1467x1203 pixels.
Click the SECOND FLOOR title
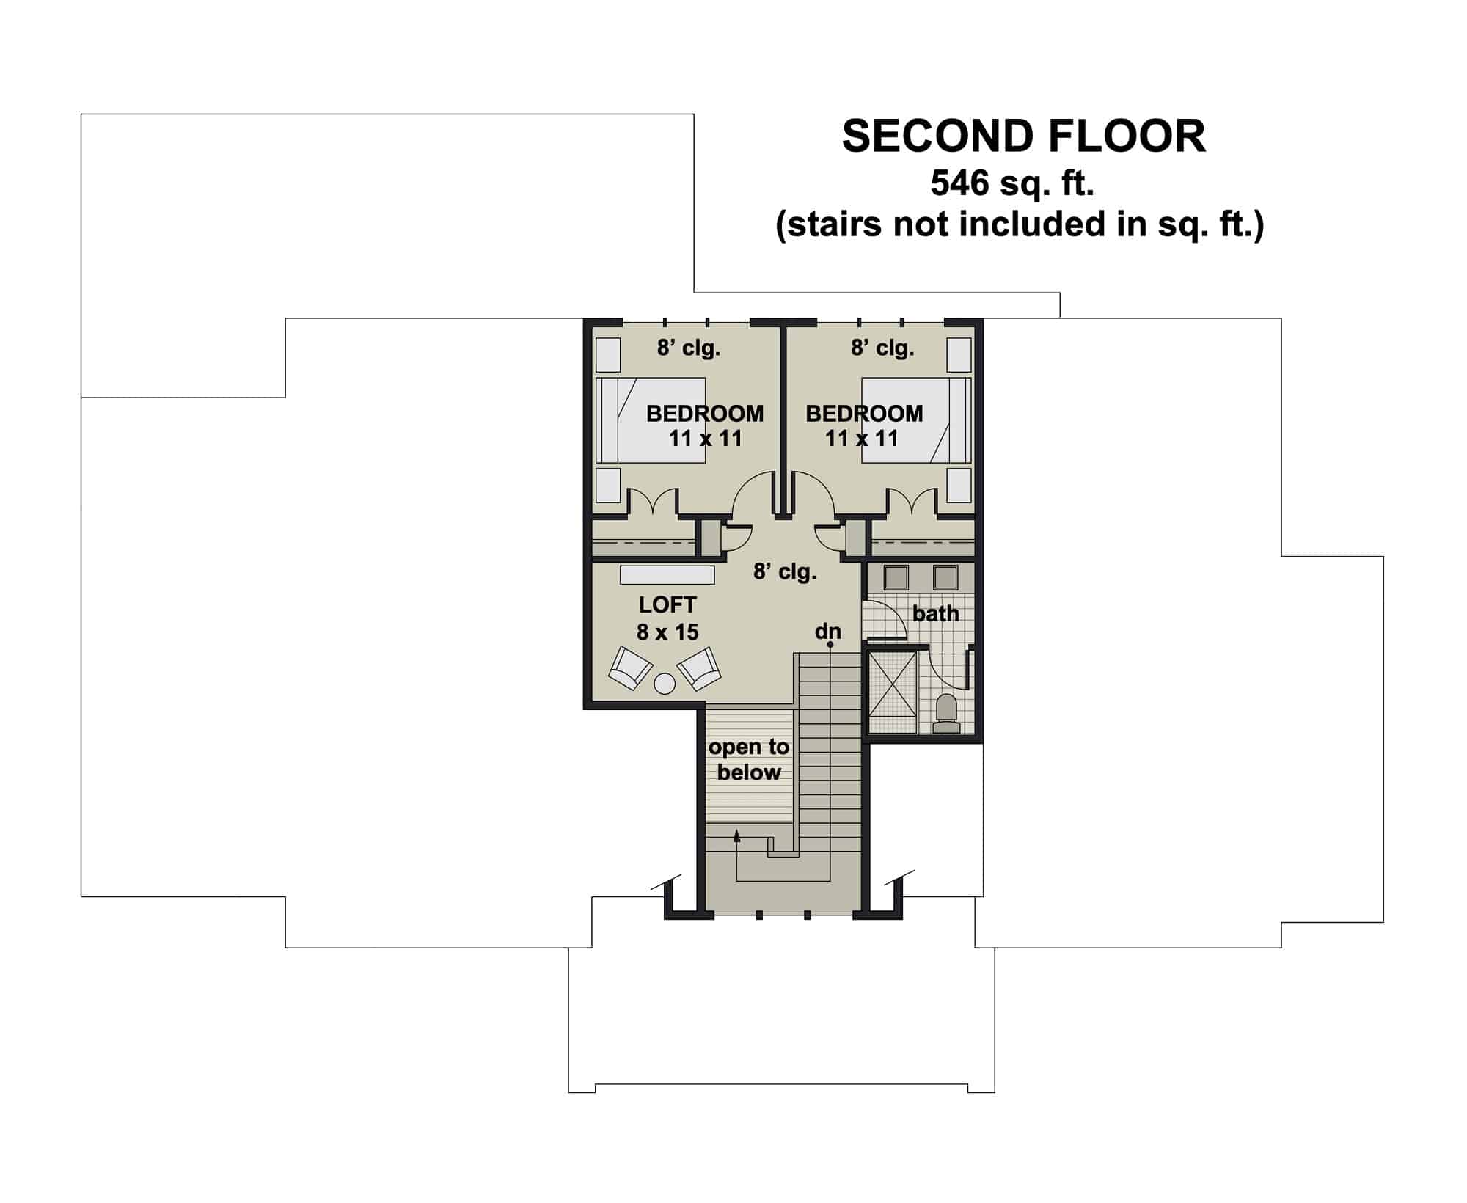pos(1023,136)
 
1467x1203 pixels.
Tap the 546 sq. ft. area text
pos(1012,183)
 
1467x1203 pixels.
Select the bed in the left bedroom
pos(651,420)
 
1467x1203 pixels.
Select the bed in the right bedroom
pos(916,420)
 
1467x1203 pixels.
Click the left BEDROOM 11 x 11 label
pos(705,426)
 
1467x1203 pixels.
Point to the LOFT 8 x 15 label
pos(667,618)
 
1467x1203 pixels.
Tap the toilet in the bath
pos(946,714)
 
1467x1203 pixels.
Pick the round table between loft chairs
pos(665,684)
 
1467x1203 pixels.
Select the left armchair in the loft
pos(630,668)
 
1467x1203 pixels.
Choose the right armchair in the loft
pos(698,668)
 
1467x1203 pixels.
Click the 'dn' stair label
pos(828,632)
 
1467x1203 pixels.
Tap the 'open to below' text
pos(749,760)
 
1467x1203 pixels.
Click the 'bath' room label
pos(935,613)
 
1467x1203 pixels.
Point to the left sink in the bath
pos(896,578)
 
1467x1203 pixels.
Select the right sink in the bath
pos(945,578)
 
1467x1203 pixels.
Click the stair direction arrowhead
pos(737,834)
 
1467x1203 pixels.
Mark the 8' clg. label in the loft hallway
pos(785,571)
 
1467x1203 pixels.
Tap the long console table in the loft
pos(667,574)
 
